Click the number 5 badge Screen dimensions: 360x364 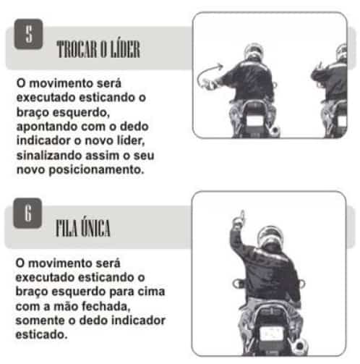(x=28, y=34)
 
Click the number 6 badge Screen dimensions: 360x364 (x=27, y=213)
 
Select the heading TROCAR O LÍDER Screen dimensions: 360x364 (x=98, y=49)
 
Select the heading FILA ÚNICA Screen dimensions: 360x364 (x=83, y=228)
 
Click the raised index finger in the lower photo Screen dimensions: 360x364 (x=242, y=216)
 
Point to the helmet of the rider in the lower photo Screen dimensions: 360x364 (x=270, y=237)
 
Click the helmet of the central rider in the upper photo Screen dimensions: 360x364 (x=254, y=52)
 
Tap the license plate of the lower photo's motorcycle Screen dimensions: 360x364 (x=272, y=334)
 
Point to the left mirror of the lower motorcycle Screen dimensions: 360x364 (x=238, y=284)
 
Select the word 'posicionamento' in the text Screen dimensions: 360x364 (x=96, y=170)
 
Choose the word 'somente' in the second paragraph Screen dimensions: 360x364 (x=40, y=321)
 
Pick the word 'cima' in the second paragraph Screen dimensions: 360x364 (x=151, y=292)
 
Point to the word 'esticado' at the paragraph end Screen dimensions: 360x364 (x=41, y=335)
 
